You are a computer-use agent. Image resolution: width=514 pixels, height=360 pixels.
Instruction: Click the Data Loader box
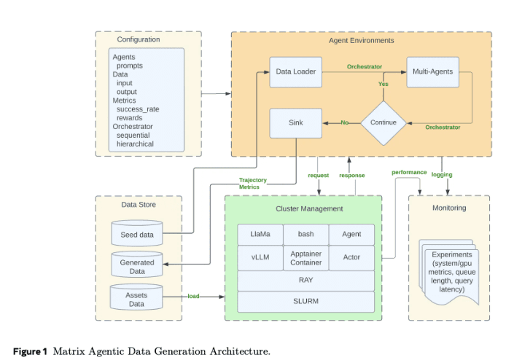296,72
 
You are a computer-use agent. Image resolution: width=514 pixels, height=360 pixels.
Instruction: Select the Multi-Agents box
432,72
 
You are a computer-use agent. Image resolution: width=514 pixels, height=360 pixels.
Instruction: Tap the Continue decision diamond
383,123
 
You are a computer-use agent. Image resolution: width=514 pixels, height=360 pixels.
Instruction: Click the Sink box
296,123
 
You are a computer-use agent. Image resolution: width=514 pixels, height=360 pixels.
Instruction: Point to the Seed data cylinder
137,233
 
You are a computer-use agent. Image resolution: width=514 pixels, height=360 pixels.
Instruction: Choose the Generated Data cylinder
137,265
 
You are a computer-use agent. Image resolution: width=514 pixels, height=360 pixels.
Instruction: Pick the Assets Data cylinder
136,297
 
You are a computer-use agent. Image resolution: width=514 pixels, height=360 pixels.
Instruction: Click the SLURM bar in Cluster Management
305,302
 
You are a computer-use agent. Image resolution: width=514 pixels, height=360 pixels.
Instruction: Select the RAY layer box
305,281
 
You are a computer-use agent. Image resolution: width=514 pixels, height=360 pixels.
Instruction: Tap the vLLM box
260,258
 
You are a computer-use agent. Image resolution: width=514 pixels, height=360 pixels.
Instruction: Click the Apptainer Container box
305,258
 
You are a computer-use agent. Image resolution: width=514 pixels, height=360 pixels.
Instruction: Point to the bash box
305,235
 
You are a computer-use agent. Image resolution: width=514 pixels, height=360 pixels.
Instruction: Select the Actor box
351,258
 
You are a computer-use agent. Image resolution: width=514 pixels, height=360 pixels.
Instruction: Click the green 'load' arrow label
193,296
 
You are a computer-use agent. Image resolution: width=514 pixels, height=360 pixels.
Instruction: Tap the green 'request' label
319,176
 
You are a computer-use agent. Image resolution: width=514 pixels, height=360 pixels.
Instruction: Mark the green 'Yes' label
383,85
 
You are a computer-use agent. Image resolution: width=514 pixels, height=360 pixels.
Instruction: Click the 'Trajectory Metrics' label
253,184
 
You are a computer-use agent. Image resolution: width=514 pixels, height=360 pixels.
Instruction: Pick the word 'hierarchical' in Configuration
135,144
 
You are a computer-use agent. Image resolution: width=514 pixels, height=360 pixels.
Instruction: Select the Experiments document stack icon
449,273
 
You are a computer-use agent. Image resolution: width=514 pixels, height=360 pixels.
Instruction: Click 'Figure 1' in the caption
30,352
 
